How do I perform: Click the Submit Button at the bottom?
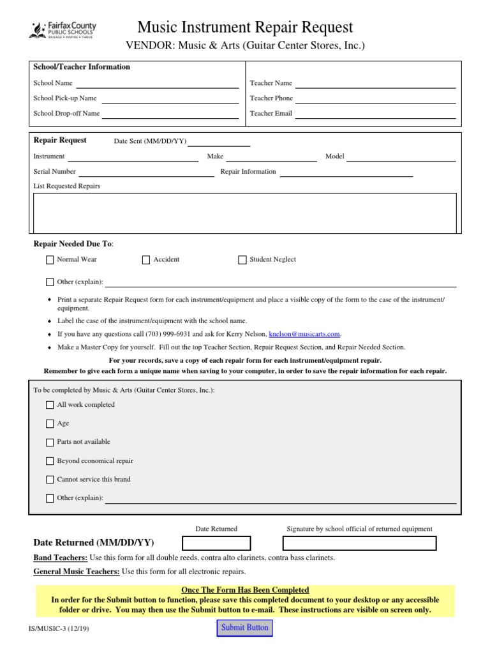coord(245,628)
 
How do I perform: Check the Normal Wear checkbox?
coord(50,260)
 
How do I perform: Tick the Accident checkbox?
coord(146,260)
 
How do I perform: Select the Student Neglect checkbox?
coord(242,260)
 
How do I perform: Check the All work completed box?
coord(50,405)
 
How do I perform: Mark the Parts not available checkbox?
coord(50,442)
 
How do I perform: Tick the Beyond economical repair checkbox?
coord(50,461)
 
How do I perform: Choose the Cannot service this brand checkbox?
coord(50,480)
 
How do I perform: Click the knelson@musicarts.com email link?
coord(304,334)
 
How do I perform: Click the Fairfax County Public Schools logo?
coord(63,29)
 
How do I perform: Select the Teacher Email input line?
coord(375,114)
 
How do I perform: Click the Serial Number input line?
coord(147,172)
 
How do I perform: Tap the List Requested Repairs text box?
coord(244,213)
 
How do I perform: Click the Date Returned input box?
coord(217,544)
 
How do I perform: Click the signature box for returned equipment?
coord(360,544)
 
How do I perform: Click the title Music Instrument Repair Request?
coord(245,27)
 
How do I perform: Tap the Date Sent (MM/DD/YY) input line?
coord(219,142)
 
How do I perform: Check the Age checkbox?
coord(50,423)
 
